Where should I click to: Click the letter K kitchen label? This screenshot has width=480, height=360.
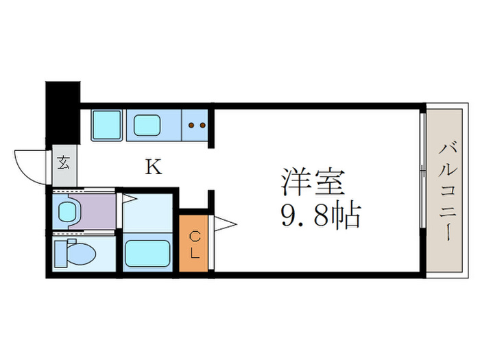(x=154, y=167)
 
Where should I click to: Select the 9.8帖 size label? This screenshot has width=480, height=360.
(x=320, y=217)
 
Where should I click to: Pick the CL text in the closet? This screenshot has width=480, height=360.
(x=194, y=244)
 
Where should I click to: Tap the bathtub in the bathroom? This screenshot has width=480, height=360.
(x=147, y=253)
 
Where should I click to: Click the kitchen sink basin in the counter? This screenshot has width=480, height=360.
(x=147, y=125)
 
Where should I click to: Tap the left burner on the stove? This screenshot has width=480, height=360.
(x=191, y=125)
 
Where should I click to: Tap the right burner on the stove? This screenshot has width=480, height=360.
(x=202, y=125)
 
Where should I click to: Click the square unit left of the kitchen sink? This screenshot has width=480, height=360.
(x=106, y=125)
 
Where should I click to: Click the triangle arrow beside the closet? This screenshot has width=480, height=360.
(x=225, y=223)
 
